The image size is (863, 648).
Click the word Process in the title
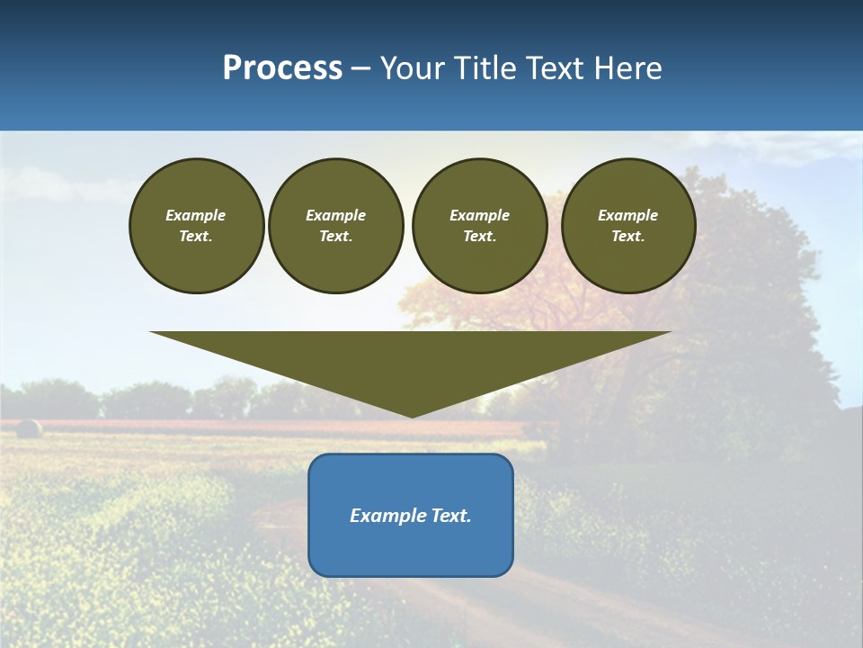click(x=282, y=68)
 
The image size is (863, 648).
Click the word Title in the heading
click(x=483, y=68)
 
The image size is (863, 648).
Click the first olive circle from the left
click(x=196, y=226)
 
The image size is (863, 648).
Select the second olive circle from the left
click(x=335, y=226)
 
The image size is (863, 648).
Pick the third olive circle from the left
click(x=479, y=226)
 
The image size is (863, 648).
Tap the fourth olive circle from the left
click(x=627, y=226)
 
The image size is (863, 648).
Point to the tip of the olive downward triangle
click(x=412, y=415)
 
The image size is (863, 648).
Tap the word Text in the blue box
click(x=450, y=516)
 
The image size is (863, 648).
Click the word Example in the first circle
click(x=196, y=215)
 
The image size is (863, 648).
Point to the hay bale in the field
click(x=28, y=428)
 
